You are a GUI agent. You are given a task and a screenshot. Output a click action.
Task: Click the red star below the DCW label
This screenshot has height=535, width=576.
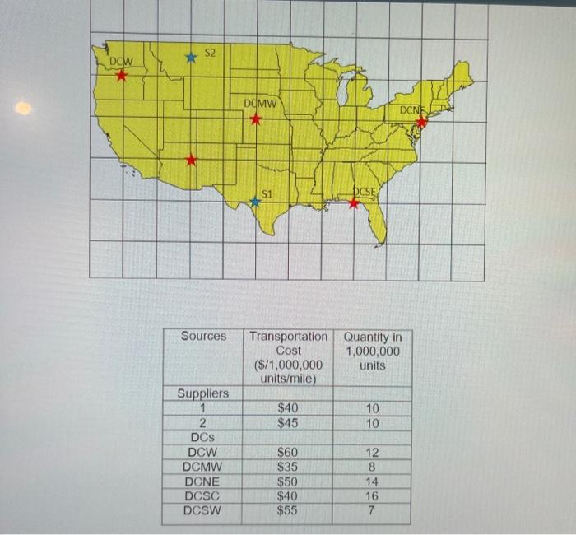[x=122, y=76]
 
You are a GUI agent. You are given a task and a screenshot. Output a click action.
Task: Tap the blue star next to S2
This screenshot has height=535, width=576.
[x=191, y=58]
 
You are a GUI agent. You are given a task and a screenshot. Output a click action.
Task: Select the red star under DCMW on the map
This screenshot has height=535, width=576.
[x=256, y=119]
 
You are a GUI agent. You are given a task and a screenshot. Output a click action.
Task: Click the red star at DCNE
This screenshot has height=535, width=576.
[x=422, y=122]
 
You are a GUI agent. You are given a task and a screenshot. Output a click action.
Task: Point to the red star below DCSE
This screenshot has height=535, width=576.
[x=354, y=203]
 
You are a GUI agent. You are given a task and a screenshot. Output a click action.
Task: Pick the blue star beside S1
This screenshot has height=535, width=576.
[x=255, y=202]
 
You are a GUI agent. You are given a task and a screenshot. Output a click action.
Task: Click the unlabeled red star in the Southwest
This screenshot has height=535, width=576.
[x=191, y=160]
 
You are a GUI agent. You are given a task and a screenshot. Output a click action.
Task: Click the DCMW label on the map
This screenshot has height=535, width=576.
[x=261, y=103]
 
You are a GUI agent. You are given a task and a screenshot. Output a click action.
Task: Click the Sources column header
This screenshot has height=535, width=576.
[x=203, y=336]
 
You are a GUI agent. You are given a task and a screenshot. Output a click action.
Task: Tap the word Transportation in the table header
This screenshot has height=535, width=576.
[x=288, y=336]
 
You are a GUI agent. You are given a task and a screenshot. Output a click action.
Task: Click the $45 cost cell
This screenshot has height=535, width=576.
[x=288, y=423]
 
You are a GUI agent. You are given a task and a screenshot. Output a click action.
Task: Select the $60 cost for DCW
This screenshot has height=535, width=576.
[x=288, y=452]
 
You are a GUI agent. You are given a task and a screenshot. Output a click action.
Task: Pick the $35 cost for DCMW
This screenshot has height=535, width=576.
[x=288, y=467]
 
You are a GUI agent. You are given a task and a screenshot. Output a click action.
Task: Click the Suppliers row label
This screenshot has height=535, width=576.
[x=203, y=394]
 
